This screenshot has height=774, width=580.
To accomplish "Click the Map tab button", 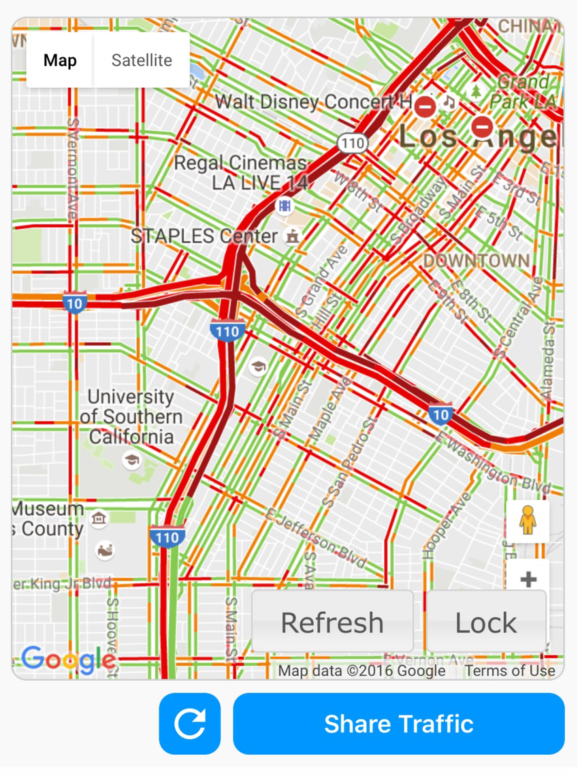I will click(x=60, y=60).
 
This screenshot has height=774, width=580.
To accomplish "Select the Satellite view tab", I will click(x=142, y=60).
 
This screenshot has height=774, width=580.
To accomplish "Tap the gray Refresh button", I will click(x=332, y=622).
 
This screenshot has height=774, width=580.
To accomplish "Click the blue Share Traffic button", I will click(x=399, y=724).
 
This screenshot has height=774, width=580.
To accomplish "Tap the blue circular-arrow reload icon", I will click(x=190, y=724).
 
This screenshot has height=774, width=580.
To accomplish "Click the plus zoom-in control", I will click(x=528, y=579).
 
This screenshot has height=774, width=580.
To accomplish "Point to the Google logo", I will click(x=68, y=659).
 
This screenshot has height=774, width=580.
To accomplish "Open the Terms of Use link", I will click(x=510, y=671).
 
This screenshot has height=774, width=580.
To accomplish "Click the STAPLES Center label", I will click(x=204, y=236).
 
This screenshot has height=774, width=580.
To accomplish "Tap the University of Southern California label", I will click(x=131, y=416).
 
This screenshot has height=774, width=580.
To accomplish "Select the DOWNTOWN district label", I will click(x=476, y=260).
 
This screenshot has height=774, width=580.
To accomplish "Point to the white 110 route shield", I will click(x=352, y=143).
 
